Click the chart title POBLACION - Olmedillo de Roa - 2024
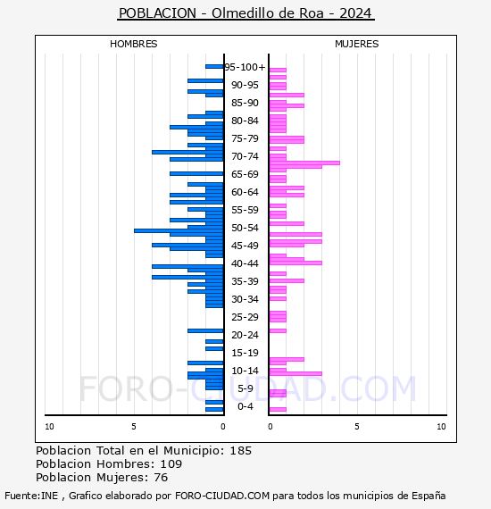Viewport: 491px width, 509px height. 245,13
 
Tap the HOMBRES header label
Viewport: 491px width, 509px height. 133,44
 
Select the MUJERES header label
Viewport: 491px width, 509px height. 357,44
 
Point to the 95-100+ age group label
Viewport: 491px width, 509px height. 245,67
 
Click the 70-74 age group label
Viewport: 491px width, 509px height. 245,156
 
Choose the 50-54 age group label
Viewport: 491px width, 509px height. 245,228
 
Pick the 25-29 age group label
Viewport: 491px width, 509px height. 245,317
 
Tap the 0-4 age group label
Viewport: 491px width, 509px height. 245,406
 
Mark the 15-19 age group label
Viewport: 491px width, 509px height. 245,353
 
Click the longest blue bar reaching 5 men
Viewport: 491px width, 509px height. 179,230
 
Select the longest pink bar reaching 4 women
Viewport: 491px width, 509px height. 304,163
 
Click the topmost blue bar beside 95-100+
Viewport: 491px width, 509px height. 214,67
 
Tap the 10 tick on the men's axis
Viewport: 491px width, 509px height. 49,427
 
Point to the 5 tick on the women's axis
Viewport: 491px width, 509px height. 357,427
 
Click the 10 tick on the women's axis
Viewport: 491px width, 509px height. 441,427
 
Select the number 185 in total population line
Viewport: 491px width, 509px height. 240,451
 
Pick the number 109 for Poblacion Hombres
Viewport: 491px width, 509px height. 171,463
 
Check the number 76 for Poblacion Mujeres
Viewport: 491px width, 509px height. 161,477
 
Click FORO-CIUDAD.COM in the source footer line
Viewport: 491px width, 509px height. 222,496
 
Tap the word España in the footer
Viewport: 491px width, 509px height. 429,496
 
